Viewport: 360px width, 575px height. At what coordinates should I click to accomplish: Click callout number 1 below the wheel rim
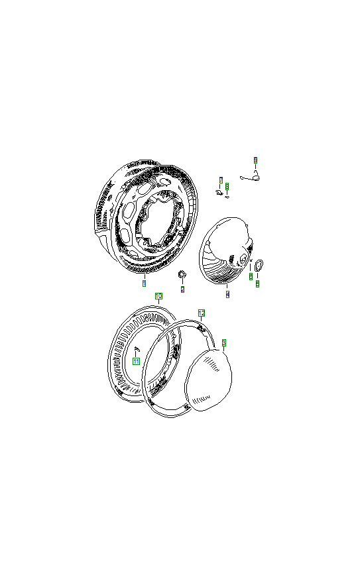pyautogui.click(x=144, y=283)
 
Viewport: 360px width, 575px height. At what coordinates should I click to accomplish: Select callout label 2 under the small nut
pyautogui.click(x=182, y=289)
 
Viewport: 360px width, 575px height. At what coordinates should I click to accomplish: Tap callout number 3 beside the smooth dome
pyautogui.click(x=224, y=342)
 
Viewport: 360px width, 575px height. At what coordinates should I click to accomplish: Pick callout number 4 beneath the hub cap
pyautogui.click(x=227, y=293)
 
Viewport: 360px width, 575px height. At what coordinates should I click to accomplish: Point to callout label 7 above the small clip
pyautogui.click(x=221, y=180)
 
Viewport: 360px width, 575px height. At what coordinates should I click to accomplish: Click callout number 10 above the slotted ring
pyautogui.click(x=158, y=295)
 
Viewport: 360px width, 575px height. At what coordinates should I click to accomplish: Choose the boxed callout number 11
pyautogui.click(x=136, y=362)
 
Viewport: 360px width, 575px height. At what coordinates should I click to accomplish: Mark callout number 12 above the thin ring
pyautogui.click(x=202, y=312)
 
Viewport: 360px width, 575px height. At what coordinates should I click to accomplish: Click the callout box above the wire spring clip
pyautogui.click(x=255, y=160)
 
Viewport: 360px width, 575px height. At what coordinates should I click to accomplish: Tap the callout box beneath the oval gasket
pyautogui.click(x=257, y=283)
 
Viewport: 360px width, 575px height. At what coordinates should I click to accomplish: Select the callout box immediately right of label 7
pyautogui.click(x=227, y=186)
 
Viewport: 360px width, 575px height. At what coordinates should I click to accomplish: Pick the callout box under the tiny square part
pyautogui.click(x=251, y=276)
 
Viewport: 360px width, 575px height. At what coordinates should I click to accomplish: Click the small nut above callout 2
pyautogui.click(x=182, y=274)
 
